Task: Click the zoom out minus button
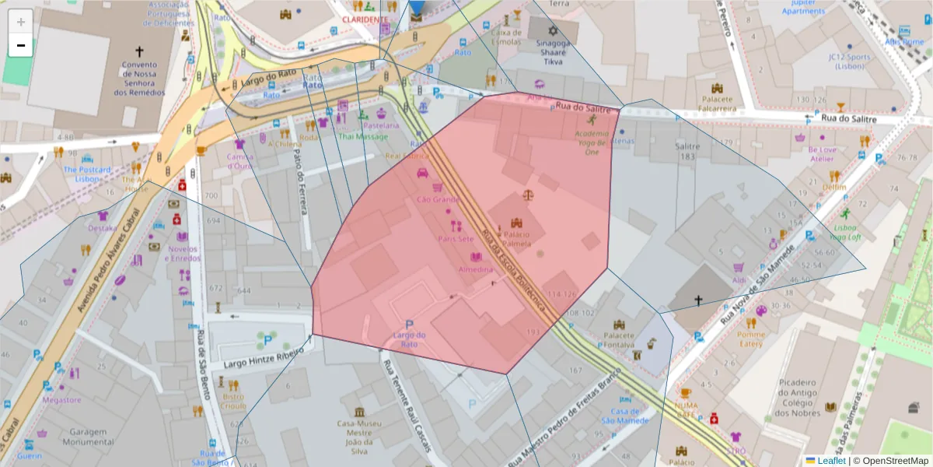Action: [x=20, y=45]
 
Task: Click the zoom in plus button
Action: [x=20, y=22]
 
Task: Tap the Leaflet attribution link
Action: [x=831, y=461]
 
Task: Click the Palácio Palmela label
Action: [x=516, y=238]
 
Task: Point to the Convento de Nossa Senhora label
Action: [x=139, y=79]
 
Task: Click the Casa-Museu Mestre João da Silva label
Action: [x=358, y=437]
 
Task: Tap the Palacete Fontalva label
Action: [x=619, y=339]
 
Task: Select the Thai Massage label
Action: [x=362, y=136]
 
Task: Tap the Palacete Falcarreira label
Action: [x=718, y=104]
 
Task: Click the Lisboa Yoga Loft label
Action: [x=846, y=232]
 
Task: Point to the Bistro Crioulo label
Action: [x=233, y=401]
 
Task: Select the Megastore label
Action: [x=61, y=400]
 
